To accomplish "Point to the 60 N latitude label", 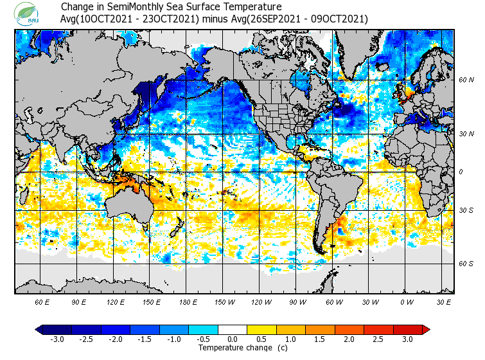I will point(466,80).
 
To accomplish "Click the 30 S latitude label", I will point(466,210).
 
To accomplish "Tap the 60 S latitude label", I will point(466,264).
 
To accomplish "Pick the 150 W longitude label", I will point(225,302).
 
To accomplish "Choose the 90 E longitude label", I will point(79,302).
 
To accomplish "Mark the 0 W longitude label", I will point(406,302).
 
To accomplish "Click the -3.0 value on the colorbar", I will point(57,339).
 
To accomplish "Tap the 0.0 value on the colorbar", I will point(233,339).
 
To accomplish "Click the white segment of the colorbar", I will point(233,329).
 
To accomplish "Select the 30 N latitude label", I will point(466,134).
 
